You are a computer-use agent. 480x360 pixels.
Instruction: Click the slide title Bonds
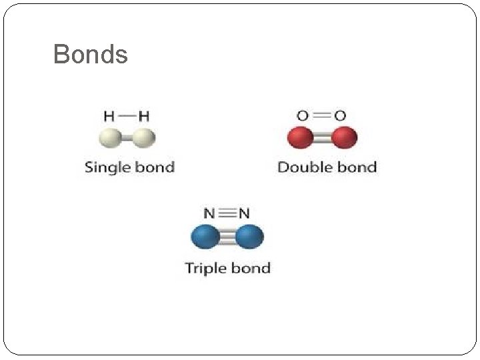click(x=90, y=54)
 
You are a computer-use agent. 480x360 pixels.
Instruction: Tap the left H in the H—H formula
click(x=109, y=116)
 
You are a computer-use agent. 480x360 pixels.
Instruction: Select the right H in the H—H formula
click(x=144, y=116)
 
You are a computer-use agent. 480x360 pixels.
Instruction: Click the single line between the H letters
click(x=127, y=115)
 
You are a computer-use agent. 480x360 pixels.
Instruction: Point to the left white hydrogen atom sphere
click(x=109, y=138)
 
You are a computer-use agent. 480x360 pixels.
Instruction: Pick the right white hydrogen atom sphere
click(x=144, y=138)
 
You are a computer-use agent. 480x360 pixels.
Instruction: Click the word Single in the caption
click(x=106, y=167)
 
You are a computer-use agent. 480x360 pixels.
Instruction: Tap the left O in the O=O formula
click(x=303, y=116)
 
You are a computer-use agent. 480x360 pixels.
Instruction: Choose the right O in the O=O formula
click(x=340, y=116)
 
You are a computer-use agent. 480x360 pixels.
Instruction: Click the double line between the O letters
click(x=321, y=116)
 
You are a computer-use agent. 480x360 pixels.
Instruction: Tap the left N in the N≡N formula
click(x=209, y=214)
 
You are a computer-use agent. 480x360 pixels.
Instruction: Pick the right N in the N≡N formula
click(x=244, y=214)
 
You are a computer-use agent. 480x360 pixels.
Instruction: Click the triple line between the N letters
click(x=227, y=214)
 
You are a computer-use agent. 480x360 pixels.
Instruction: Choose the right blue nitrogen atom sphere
click(x=249, y=237)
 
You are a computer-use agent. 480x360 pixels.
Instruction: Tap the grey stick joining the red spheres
click(x=321, y=138)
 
